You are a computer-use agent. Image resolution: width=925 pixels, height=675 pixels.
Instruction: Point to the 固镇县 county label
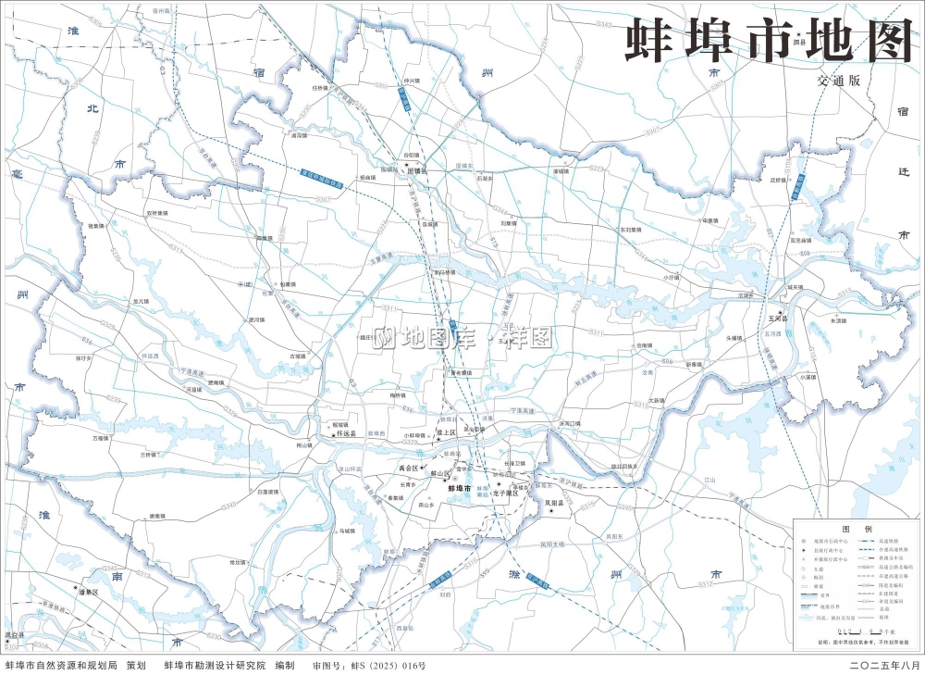tap(419, 170)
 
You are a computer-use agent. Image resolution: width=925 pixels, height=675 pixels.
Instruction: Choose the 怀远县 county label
tap(347, 432)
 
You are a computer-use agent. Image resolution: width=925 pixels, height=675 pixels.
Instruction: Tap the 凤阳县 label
tap(554, 503)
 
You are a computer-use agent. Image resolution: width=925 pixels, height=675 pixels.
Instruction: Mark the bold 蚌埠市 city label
tap(459, 488)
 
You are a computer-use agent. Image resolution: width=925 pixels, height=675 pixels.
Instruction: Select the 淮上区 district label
tap(448, 431)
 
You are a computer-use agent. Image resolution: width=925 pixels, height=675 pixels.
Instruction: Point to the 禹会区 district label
tap(409, 469)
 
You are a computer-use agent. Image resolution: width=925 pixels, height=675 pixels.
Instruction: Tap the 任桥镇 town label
tap(321, 88)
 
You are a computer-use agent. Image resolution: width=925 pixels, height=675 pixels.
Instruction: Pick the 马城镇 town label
tap(347, 531)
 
